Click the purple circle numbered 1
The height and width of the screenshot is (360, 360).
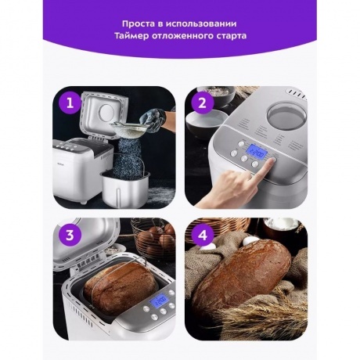pos(70,103)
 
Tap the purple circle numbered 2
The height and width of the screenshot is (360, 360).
pos(203,103)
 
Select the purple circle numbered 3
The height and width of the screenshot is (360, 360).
pos(70,235)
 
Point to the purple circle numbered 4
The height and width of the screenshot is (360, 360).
pos(203,235)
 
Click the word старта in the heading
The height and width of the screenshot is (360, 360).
pos(232,36)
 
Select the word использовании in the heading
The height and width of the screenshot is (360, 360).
pos(201,23)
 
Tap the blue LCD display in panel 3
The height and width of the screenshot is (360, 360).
pos(159,300)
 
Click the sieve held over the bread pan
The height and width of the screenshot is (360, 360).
pos(130,128)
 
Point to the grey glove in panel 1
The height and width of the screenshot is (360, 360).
pos(153,121)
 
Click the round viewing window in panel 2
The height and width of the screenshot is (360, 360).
pos(286,115)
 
